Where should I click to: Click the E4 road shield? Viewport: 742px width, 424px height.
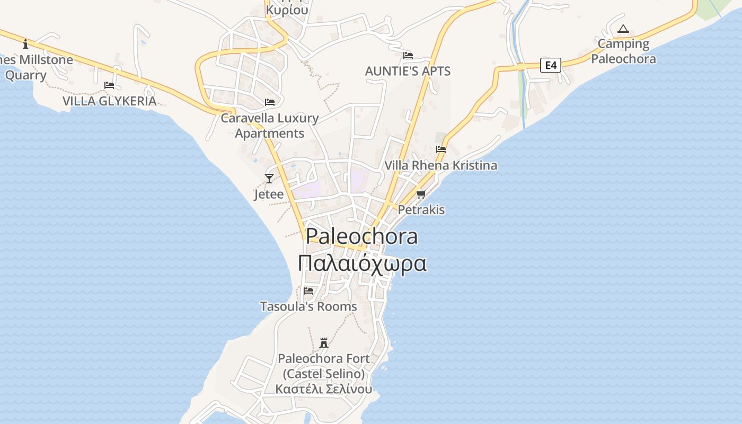click(x=551, y=65)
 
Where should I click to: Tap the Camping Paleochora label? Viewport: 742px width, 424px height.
click(x=623, y=51)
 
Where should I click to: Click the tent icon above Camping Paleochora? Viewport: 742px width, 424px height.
click(x=623, y=29)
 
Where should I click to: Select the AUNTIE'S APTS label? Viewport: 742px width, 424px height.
click(x=408, y=71)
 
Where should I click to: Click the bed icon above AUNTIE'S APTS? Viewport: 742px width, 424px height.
click(x=408, y=56)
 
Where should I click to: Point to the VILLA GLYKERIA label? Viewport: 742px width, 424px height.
click(x=110, y=101)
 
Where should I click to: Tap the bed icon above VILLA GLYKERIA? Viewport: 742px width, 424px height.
click(x=109, y=85)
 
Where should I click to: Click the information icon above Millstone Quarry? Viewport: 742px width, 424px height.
click(x=25, y=44)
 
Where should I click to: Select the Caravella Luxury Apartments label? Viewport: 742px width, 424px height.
click(x=270, y=126)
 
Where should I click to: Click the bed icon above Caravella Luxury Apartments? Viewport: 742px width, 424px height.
click(x=270, y=102)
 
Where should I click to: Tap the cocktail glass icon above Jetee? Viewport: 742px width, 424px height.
click(x=269, y=179)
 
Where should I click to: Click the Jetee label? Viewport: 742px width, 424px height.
click(x=269, y=195)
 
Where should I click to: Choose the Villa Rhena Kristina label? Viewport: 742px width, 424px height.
click(x=441, y=165)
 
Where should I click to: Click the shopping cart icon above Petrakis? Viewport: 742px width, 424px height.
click(x=421, y=195)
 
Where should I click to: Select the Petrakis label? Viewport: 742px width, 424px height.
click(x=421, y=210)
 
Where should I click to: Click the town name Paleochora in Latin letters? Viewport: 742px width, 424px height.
click(x=362, y=236)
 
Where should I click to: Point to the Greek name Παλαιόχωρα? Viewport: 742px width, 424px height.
click(x=362, y=263)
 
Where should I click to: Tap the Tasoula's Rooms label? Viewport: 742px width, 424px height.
click(x=308, y=306)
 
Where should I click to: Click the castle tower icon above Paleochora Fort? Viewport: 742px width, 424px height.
click(x=324, y=343)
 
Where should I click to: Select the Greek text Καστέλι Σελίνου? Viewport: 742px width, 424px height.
click(x=324, y=389)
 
